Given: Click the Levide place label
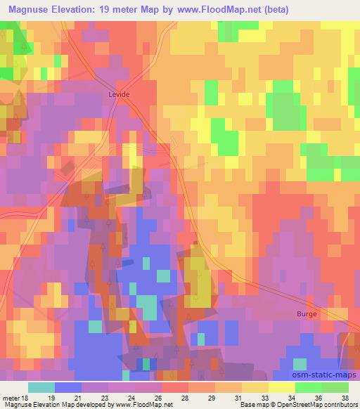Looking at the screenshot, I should [120, 93].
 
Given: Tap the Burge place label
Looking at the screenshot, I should [307, 314].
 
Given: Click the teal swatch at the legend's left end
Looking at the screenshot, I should [41, 387].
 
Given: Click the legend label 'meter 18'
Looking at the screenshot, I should [18, 397].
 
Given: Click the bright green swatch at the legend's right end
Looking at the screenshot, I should [335, 387].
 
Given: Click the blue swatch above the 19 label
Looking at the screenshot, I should [68, 387].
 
